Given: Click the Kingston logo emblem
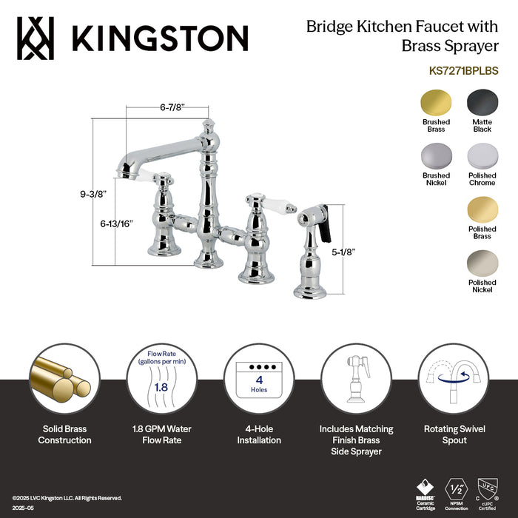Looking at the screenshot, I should [x=37, y=38].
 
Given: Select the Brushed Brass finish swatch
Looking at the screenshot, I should [x=436, y=102].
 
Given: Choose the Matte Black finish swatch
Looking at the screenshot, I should [x=482, y=102].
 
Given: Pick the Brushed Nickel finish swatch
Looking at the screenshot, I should [x=436, y=155].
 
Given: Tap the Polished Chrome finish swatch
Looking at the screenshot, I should [x=482, y=155].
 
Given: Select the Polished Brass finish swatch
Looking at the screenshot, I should [x=482, y=209].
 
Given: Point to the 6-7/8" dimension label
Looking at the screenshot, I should [x=172, y=107].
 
